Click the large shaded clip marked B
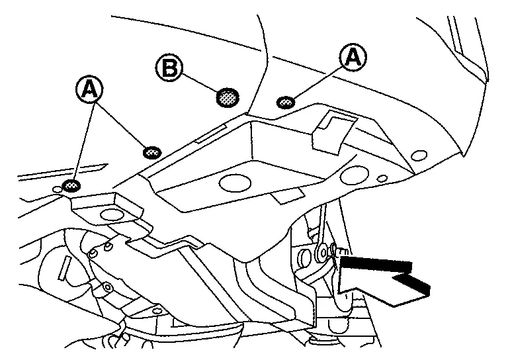coord(228,98)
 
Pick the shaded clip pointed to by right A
coord(286,102)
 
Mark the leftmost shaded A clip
coord(70,185)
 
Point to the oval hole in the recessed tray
coord(233,183)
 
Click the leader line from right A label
coord(318,81)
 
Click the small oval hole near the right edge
coord(418,156)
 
